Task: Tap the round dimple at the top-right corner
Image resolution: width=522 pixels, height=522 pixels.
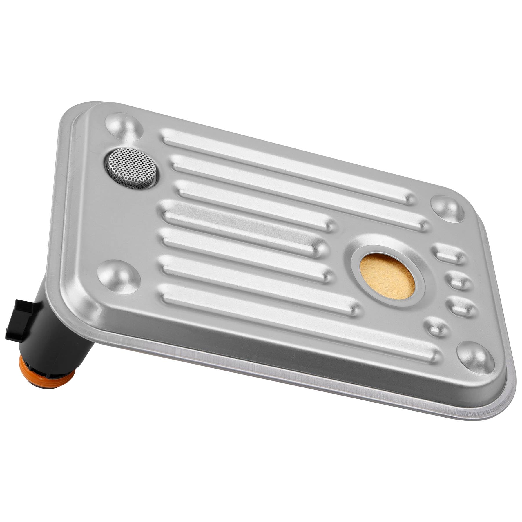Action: pos(447,207)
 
